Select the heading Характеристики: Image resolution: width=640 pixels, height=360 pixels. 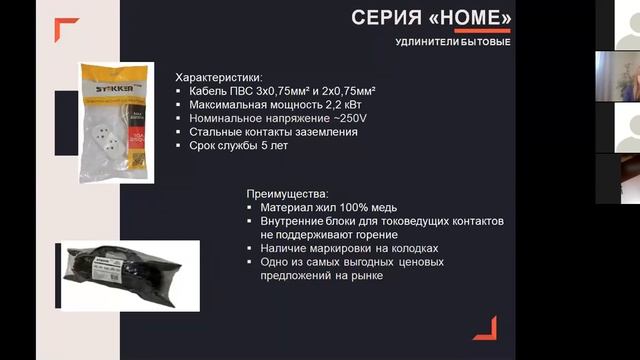point(219,78)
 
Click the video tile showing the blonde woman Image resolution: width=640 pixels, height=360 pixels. point(618,74)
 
